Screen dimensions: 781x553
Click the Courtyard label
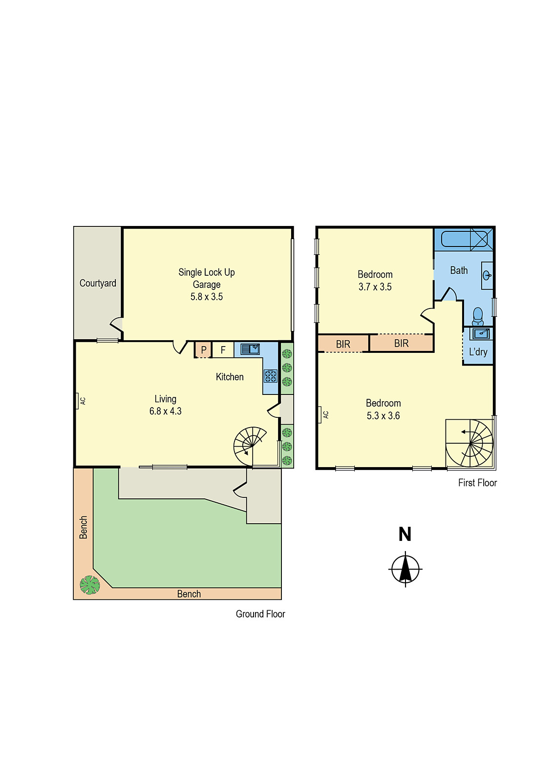98,283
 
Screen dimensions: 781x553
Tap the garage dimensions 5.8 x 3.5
207,297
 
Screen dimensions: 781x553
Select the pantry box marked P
203,350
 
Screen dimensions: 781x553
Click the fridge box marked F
223,350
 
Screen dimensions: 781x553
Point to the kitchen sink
250,349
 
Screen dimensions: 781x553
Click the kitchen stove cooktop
271,376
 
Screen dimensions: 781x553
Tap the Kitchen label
230,377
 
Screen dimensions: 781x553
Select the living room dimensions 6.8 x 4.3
165,411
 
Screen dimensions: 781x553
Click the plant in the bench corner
89,585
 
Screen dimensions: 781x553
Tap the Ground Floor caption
260,614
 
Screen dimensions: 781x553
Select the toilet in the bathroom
478,316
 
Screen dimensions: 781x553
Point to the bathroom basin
487,275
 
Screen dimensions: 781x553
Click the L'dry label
478,352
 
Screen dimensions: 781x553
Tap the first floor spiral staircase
470,443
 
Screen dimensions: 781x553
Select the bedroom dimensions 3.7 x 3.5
375,287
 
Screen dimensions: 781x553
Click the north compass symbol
405,569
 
